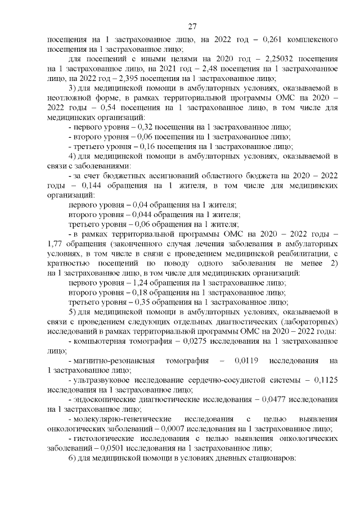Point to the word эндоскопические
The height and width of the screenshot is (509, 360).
tap(101, 399)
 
